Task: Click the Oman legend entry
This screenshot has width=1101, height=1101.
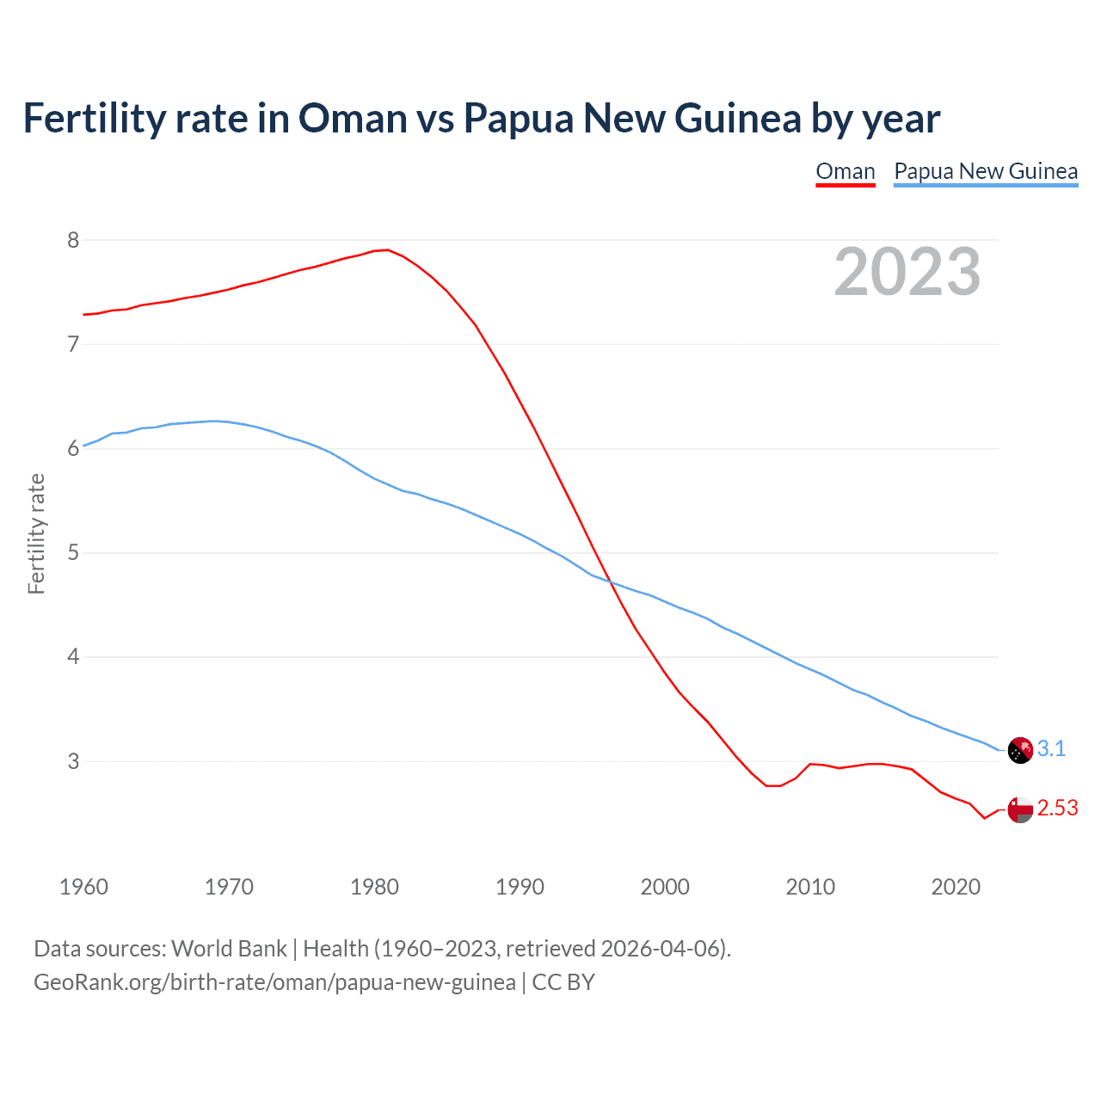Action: [x=845, y=171]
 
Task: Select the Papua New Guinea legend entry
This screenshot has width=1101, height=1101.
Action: [x=986, y=171]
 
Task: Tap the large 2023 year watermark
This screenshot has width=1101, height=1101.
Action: [x=907, y=272]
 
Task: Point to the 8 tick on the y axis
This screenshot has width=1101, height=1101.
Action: [x=73, y=240]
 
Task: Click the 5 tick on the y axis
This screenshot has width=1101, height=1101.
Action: [x=73, y=552]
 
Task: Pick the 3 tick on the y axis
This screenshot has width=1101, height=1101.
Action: [x=73, y=761]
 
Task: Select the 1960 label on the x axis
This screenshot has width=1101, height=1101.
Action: [x=83, y=887]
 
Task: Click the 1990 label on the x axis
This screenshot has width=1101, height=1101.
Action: [x=520, y=887]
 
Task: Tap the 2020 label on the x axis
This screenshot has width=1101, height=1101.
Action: [x=956, y=887]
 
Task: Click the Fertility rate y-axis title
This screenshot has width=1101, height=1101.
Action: [x=36, y=533]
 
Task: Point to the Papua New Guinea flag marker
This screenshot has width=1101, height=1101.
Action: [x=1019, y=750]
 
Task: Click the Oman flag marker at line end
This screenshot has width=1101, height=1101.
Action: [x=1019, y=809]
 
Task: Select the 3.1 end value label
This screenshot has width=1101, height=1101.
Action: [x=1051, y=749]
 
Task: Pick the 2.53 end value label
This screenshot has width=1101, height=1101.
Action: [x=1057, y=809]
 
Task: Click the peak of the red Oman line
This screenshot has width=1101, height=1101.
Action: [x=388, y=250]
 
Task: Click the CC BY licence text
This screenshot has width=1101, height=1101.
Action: [x=563, y=982]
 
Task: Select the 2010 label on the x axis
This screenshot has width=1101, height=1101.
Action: [x=810, y=887]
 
